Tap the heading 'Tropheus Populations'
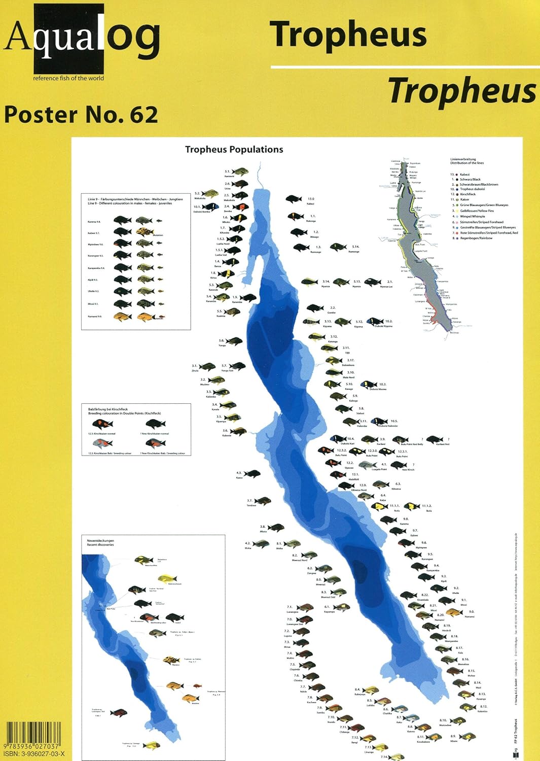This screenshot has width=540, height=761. [x=234, y=150]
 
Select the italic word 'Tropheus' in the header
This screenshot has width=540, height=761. [x=462, y=91]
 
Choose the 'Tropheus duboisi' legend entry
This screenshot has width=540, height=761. [x=472, y=189]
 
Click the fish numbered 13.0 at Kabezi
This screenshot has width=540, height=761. [x=294, y=199]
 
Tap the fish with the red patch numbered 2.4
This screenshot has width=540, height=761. [x=240, y=207]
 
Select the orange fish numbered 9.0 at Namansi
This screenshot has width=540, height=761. [x=453, y=613]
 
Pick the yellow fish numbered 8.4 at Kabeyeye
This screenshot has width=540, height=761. [x=370, y=690]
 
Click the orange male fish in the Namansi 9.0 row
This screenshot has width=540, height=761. [x=122, y=317]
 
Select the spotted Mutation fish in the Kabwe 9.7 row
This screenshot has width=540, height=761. [x=145, y=232]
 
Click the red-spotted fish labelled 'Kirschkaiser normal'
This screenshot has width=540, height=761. [x=101, y=424]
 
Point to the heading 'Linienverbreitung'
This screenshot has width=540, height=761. [x=463, y=159]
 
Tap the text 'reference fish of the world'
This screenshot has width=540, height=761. [x=68, y=78]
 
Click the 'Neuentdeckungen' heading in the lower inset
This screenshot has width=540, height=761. [x=100, y=541]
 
